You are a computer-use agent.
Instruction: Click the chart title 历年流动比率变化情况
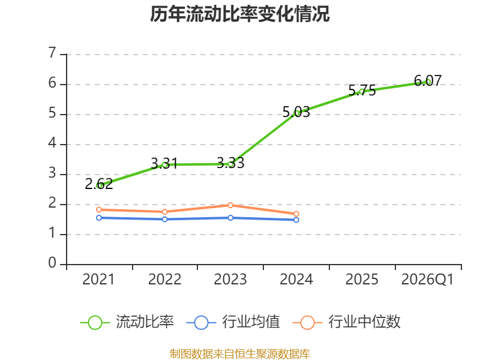coord(239,14)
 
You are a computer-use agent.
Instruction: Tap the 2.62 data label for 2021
coord(99,184)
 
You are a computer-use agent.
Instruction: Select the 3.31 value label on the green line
coord(164,163)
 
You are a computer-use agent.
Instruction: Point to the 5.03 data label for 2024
coord(296,112)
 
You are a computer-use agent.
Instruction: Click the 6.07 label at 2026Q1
coord(428,81)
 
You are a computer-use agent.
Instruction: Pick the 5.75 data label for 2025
coord(362,91)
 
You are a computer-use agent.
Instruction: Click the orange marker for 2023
coord(230,205)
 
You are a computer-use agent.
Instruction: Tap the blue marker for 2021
coord(99,218)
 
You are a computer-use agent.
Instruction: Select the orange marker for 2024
coord(296,214)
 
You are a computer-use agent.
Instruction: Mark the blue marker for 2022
coord(164,219)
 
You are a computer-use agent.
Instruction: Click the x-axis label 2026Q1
coord(427,280)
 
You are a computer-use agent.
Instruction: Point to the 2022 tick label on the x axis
coord(164,280)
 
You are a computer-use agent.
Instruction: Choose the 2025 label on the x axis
coord(362,280)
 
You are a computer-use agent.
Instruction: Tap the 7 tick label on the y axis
coord(53,53)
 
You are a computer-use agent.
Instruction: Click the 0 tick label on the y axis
coord(53,263)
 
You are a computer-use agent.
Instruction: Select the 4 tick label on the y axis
coord(53,143)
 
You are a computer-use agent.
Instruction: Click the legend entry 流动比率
coord(127,322)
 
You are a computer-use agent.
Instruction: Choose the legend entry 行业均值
coord(233,322)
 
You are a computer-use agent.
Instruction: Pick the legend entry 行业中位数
coord(347,322)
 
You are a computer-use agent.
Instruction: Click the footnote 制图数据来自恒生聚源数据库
coord(240,354)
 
